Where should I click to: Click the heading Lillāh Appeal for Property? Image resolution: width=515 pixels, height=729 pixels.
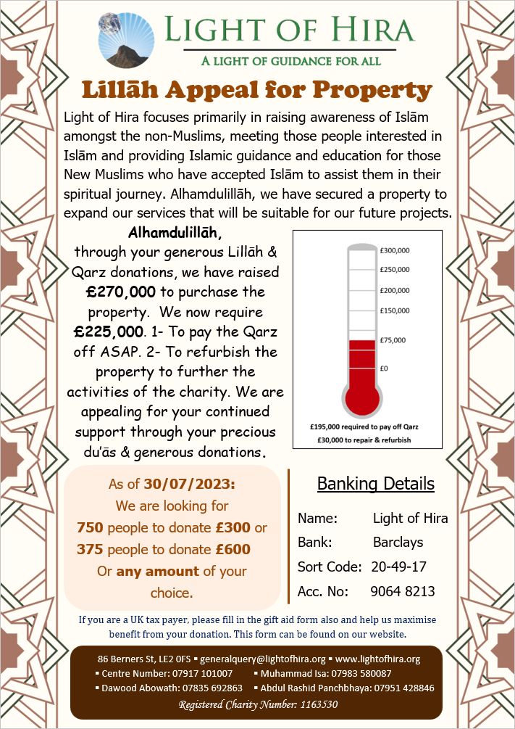[x=257, y=90]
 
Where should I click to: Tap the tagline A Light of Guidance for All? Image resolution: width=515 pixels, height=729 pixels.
[x=290, y=61]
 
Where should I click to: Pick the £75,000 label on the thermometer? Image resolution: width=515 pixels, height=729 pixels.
[x=393, y=339]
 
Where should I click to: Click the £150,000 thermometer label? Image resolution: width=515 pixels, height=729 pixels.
[x=395, y=310]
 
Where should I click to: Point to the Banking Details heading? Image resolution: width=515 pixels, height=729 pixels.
[x=376, y=484]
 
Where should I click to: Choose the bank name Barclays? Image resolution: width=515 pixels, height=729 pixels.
[x=398, y=542]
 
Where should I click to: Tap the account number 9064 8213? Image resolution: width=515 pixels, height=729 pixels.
[x=403, y=591]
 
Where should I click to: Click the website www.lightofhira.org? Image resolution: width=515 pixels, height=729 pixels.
[x=377, y=659]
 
